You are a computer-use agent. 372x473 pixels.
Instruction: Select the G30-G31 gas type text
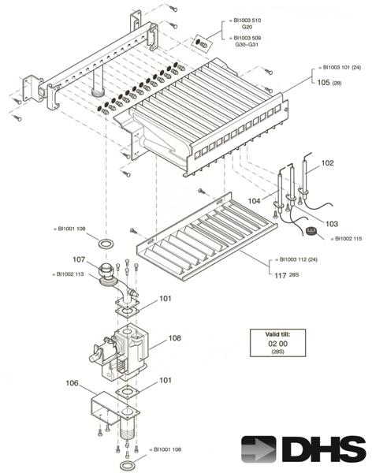click(247, 45)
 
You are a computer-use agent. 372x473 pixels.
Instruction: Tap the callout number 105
click(322, 81)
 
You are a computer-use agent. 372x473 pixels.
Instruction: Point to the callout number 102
click(327, 163)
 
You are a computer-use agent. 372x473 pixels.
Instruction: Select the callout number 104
click(253, 202)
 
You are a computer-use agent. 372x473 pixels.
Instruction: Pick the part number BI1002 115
click(350, 238)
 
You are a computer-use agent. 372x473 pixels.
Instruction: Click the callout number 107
click(80, 259)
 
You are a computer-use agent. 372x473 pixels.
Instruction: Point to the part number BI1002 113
click(71, 274)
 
